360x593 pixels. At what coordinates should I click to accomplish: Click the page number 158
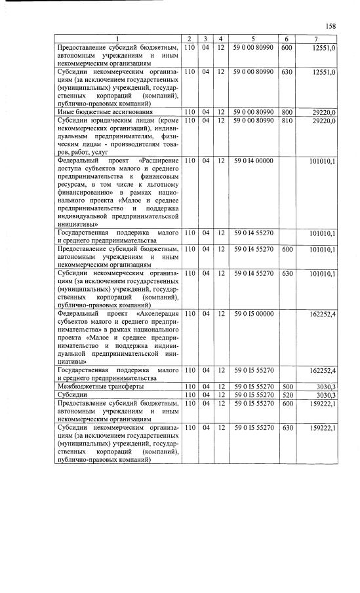(330, 26)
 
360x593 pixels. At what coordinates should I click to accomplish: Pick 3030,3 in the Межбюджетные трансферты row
(325, 387)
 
